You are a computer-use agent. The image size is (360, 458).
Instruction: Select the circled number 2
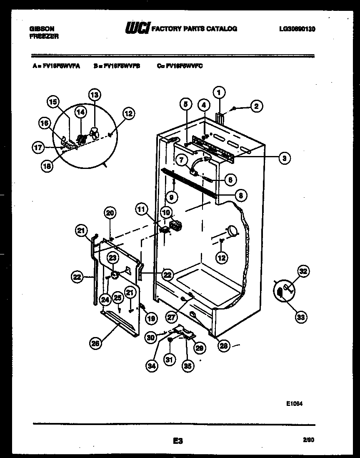(256, 107)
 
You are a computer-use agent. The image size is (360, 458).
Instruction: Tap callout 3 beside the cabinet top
(284, 158)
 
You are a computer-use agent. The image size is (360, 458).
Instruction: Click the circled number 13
(95, 95)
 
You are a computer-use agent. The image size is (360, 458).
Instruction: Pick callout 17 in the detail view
(38, 147)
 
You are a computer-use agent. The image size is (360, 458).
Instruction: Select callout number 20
(110, 213)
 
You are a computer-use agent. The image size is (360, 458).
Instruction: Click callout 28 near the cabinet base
(225, 346)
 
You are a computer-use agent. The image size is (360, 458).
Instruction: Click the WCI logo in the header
(137, 29)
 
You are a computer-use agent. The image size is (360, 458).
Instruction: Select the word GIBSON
(42, 29)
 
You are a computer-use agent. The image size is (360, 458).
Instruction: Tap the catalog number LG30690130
(297, 29)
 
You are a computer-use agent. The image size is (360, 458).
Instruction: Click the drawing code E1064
(294, 404)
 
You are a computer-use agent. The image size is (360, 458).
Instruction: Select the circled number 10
(166, 213)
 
